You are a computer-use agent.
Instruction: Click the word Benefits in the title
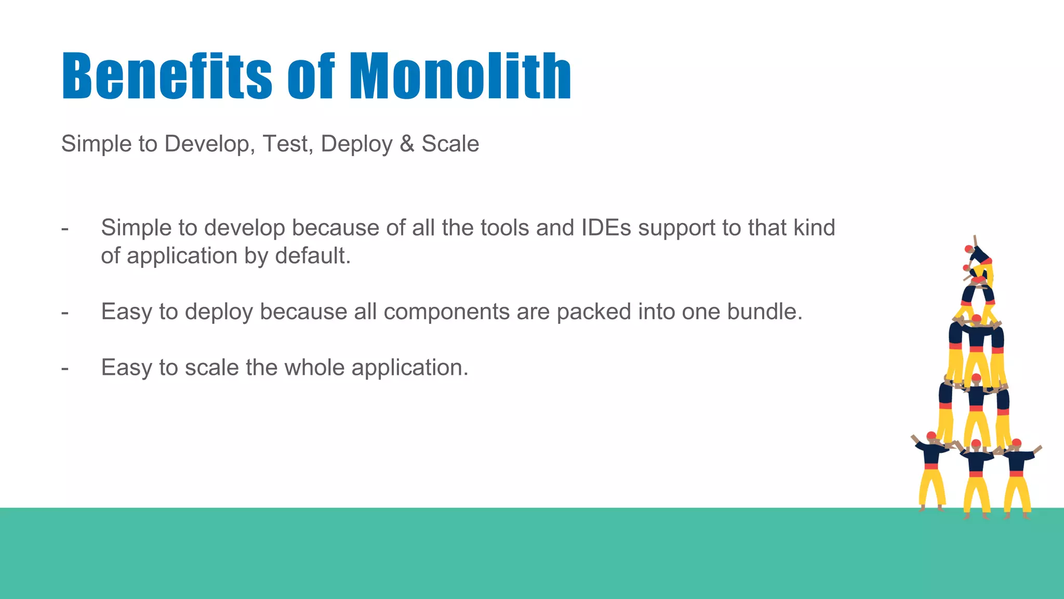click(167, 76)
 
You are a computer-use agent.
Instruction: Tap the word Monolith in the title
click(460, 76)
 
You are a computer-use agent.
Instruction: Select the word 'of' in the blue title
click(311, 76)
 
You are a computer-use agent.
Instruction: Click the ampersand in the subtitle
click(407, 144)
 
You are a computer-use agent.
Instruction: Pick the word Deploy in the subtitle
click(356, 144)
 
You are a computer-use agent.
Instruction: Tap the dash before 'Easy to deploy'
click(65, 312)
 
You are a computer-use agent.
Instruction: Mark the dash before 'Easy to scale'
click(65, 368)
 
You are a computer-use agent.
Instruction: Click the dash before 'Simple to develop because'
click(65, 228)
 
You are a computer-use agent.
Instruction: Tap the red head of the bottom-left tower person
click(931, 436)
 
